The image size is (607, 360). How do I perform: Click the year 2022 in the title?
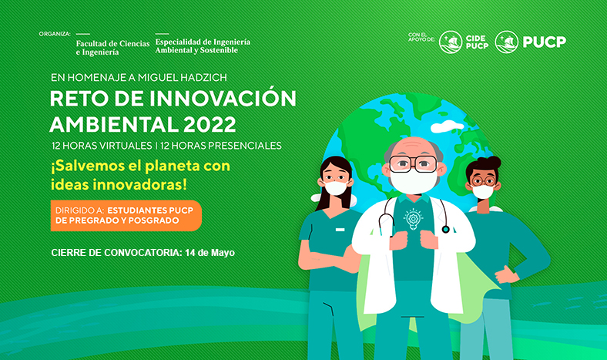coord(210,124)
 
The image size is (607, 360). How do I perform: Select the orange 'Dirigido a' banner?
coord(126,215)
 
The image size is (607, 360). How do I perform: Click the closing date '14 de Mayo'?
coord(210,253)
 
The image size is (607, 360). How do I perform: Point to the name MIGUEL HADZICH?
coord(183,78)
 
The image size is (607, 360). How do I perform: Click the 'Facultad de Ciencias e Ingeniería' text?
coord(112,48)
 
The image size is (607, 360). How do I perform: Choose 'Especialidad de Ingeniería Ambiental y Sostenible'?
coord(203,45)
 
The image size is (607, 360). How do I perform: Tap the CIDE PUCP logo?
coord(464,42)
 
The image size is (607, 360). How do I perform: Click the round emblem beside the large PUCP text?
coord(507,42)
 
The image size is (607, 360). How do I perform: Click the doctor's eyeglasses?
coord(413,163)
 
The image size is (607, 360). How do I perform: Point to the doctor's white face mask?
coord(413,181)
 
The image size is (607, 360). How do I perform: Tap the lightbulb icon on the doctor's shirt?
coord(413,219)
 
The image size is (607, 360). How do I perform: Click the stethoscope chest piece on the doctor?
coord(445,230)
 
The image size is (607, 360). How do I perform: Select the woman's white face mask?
coord(336,188)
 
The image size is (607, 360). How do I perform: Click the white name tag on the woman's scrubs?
coord(340,230)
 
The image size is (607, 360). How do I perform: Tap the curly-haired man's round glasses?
coord(483,180)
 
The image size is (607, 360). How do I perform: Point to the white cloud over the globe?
coord(447,126)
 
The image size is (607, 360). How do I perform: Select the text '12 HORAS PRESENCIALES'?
coord(220,146)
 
